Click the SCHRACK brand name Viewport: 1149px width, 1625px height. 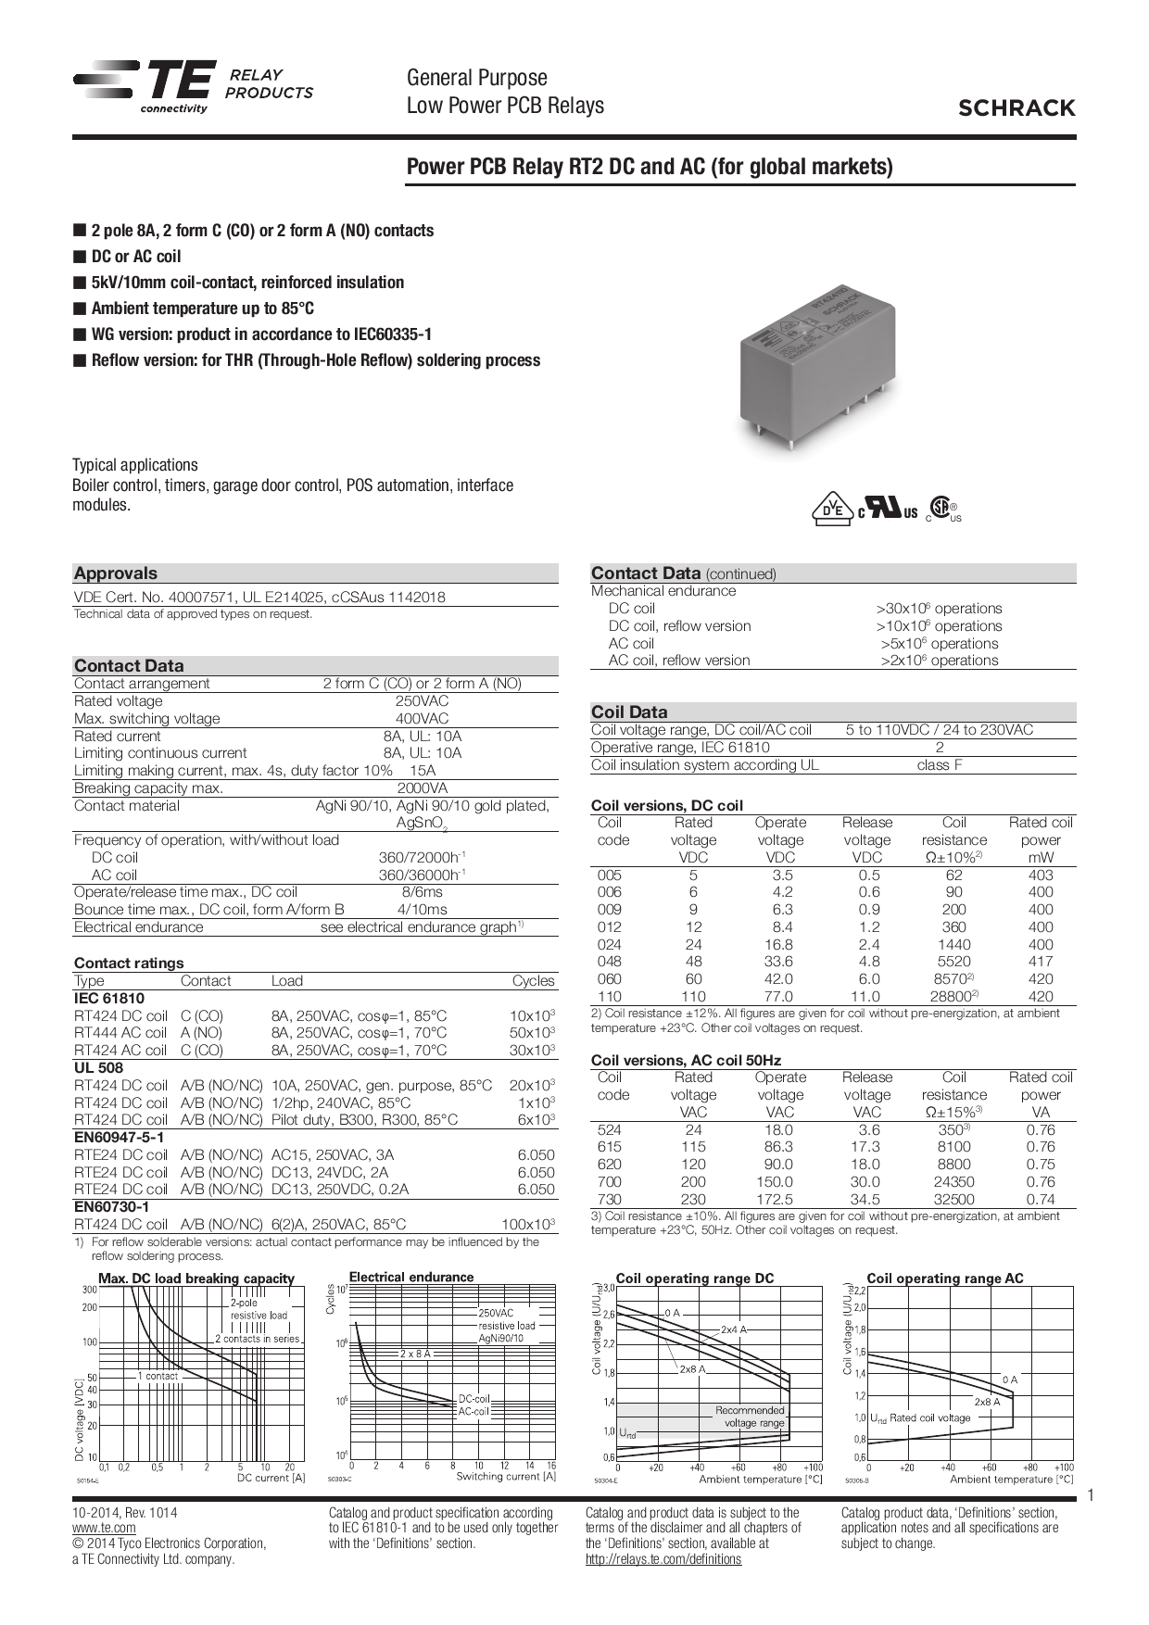click(x=1016, y=108)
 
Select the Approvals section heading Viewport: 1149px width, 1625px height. click(x=116, y=573)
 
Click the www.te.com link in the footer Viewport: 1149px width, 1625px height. click(x=104, y=1528)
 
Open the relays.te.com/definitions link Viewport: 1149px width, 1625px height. click(x=663, y=1559)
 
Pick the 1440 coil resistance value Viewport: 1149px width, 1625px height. click(x=953, y=944)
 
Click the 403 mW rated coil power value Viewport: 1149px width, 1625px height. click(x=1040, y=875)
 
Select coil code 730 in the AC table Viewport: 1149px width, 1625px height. click(x=610, y=1199)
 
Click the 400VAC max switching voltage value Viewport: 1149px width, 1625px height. click(x=422, y=719)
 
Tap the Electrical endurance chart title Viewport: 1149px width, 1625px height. click(x=411, y=1277)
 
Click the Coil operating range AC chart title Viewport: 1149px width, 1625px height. click(x=944, y=1279)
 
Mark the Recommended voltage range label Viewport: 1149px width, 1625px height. click(x=750, y=1417)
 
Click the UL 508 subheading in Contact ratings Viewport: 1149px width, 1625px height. click(x=98, y=1067)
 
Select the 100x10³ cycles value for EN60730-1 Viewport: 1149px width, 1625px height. click(x=527, y=1225)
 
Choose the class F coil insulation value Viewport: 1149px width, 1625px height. click(x=939, y=765)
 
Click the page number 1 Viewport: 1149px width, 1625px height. click(x=1091, y=1496)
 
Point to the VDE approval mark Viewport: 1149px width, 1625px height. click(x=832, y=509)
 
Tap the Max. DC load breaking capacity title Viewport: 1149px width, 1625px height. click(x=196, y=1279)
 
